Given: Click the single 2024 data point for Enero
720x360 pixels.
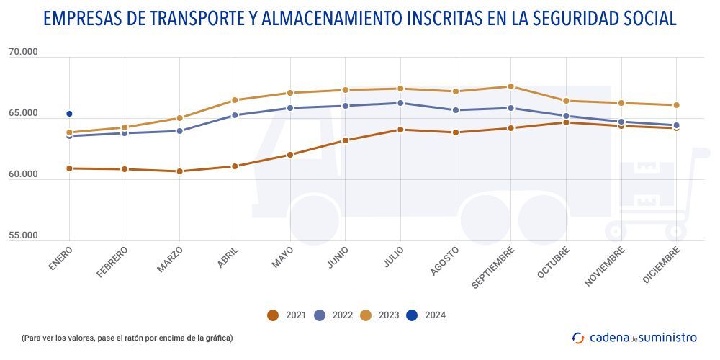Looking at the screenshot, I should click(69, 114).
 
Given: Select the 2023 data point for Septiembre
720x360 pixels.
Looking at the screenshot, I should click(510, 86).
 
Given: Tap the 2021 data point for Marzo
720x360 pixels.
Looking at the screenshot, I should click(179, 171).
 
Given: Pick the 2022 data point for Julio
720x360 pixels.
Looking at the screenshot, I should click(400, 103).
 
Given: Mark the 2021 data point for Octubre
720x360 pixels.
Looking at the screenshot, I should click(566, 122).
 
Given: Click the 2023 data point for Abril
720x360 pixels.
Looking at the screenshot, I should click(235, 100).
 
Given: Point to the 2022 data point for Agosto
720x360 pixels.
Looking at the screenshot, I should click(456, 110).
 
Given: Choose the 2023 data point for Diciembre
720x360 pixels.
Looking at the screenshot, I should click(676, 105).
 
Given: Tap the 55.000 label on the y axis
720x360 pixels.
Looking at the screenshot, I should click(23, 235).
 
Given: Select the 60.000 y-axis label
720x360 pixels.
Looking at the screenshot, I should click(23, 175).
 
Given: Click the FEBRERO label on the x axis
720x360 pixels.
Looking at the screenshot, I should click(113, 262).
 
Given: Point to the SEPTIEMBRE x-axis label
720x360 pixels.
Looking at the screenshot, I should click(495, 267).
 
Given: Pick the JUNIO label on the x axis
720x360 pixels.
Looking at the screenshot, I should click(338, 258).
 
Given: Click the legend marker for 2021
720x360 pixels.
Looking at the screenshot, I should click(272, 315).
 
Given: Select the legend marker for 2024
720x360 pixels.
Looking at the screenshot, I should click(412, 315).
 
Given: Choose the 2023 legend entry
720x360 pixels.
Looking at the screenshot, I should click(379, 315).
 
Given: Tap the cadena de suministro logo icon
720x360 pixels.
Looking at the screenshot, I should click(578, 337).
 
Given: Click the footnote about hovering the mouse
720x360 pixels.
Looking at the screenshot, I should click(127, 338).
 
